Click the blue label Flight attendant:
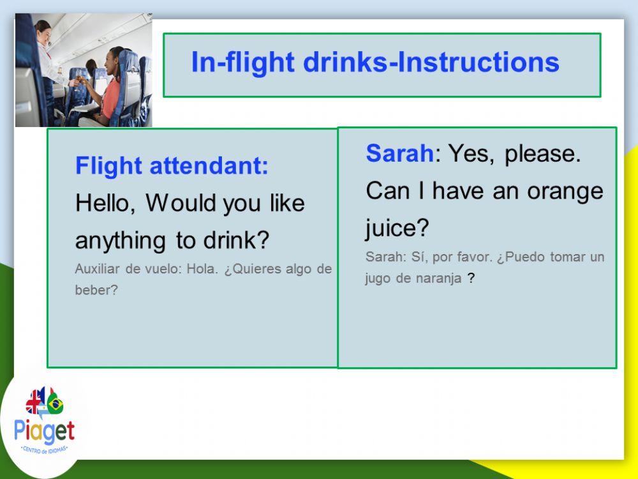pos(172,167)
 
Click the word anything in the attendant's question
pos(120,241)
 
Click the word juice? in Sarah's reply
pos(397,228)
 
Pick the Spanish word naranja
pos(440,279)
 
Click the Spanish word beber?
pos(96,290)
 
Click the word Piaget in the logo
pos(44,432)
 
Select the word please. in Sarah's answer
pos(543,154)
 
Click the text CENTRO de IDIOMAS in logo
pos(44,450)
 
